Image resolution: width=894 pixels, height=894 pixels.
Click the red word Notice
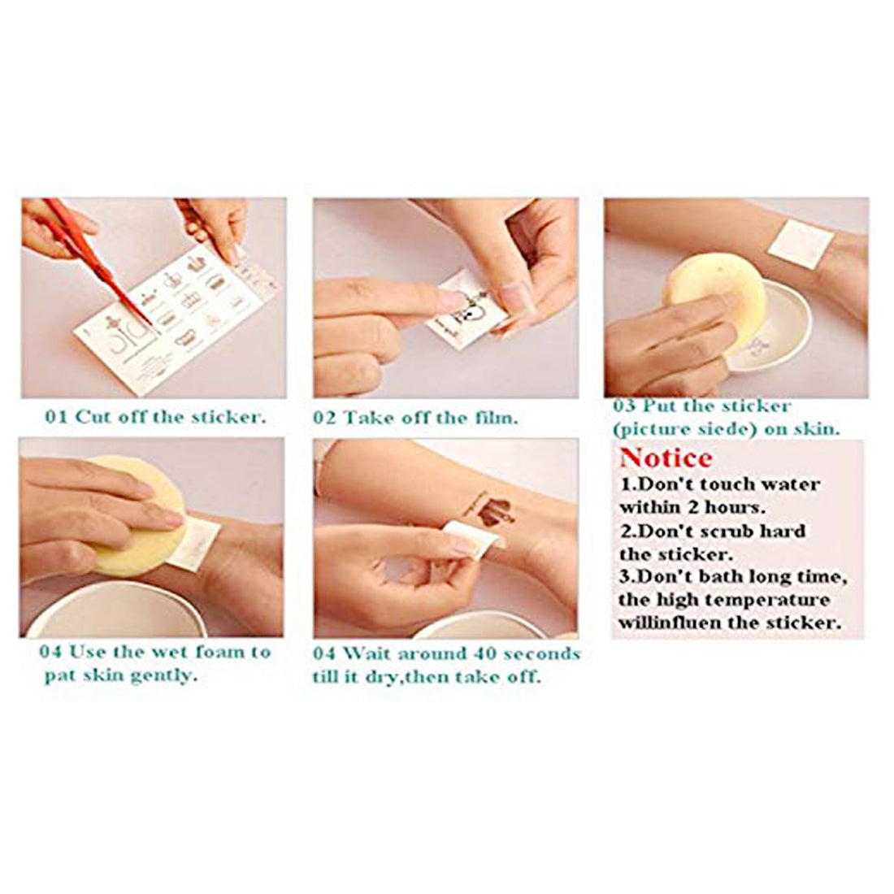coord(666,458)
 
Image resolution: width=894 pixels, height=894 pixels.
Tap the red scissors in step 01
coord(97,263)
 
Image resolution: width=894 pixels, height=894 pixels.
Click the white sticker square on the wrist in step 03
coord(800,244)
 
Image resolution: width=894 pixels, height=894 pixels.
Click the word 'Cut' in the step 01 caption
coord(93,417)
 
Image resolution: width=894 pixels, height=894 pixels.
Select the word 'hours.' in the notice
coord(736,507)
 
